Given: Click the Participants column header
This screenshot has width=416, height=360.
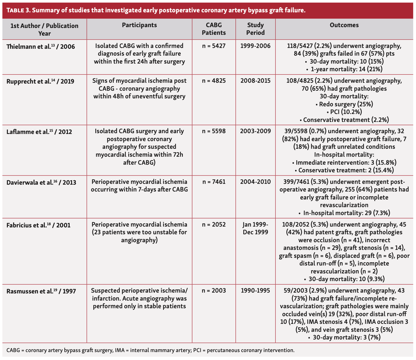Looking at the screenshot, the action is point(139,25).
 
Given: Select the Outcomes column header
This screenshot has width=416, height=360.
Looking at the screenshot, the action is point(344,25).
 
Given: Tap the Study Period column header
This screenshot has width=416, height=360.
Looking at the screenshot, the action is point(255,29).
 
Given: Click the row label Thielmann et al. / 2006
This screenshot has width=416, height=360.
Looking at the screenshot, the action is point(41,47).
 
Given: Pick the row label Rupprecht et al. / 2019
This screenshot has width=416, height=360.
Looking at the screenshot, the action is point(40,81).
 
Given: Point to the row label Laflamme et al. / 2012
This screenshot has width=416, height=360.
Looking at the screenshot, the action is point(39,132).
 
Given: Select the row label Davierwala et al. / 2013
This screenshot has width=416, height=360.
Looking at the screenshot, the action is point(41,182).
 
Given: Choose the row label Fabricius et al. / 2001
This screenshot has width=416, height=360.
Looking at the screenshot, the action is point(38,225).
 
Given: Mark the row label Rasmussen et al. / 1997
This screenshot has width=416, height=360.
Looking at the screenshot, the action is point(41,291).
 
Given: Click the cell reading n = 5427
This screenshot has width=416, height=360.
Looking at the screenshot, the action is point(214,46).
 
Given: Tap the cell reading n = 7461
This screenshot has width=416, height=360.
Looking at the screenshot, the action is point(214,182).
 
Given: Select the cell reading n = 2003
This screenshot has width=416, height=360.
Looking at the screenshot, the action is point(214,290).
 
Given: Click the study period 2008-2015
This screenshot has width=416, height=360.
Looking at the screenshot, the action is point(255,81).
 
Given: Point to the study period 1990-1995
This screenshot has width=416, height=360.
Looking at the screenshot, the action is point(255,290).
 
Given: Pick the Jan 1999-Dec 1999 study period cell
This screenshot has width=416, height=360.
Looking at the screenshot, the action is point(255,228).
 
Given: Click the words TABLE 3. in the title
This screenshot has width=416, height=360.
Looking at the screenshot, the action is point(19,11).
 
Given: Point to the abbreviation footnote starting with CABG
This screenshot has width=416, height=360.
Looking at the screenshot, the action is point(150,350).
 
